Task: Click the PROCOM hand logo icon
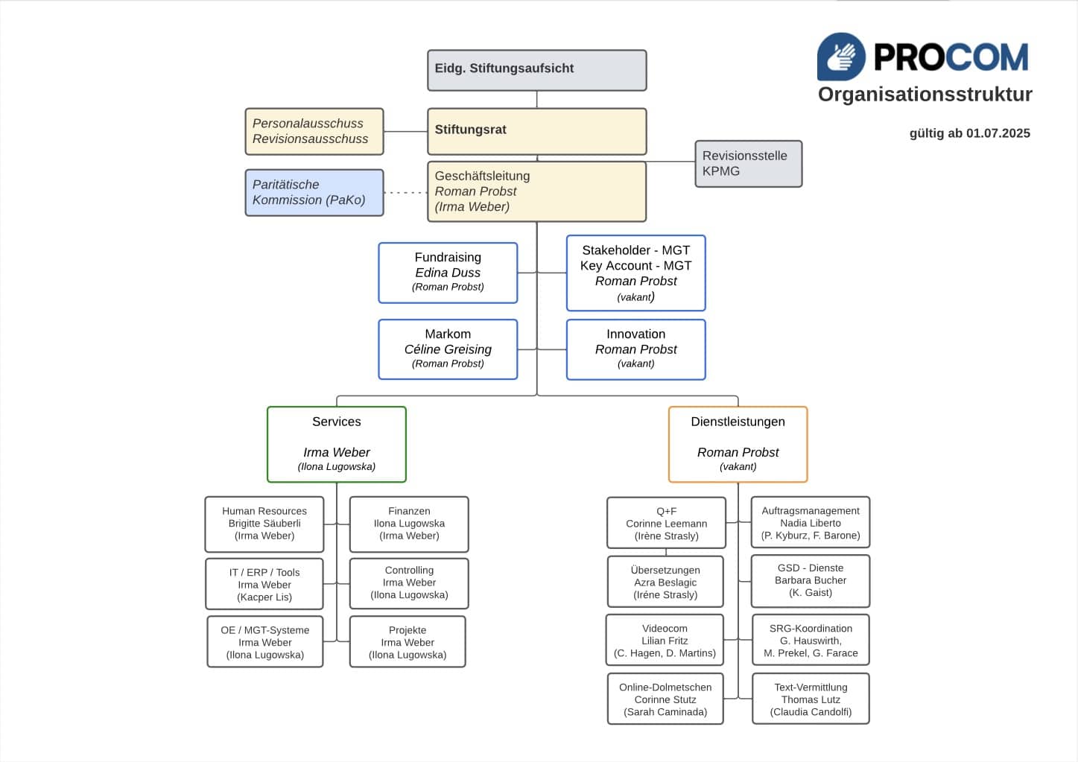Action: click(x=841, y=57)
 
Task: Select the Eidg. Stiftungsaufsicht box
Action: click(x=536, y=70)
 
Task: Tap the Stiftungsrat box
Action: click(x=536, y=131)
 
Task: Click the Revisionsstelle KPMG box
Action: click(x=748, y=164)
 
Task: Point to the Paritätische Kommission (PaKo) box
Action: click(x=314, y=193)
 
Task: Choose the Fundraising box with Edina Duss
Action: click(x=448, y=273)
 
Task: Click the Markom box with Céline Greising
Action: click(x=448, y=349)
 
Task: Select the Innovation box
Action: click(x=635, y=349)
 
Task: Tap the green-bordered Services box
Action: click(x=336, y=444)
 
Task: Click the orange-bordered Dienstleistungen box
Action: click(x=738, y=444)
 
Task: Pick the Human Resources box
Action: click(x=264, y=524)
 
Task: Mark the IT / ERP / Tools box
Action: click(x=264, y=585)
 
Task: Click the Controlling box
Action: click(x=409, y=583)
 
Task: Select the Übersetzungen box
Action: click(x=665, y=582)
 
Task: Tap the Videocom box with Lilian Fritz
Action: click(x=665, y=641)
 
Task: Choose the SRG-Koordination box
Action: click(x=811, y=641)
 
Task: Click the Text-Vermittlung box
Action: click(x=811, y=699)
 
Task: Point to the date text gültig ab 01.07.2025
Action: click(x=969, y=133)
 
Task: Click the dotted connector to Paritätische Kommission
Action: click(x=405, y=193)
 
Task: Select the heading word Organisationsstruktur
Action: click(x=925, y=95)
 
